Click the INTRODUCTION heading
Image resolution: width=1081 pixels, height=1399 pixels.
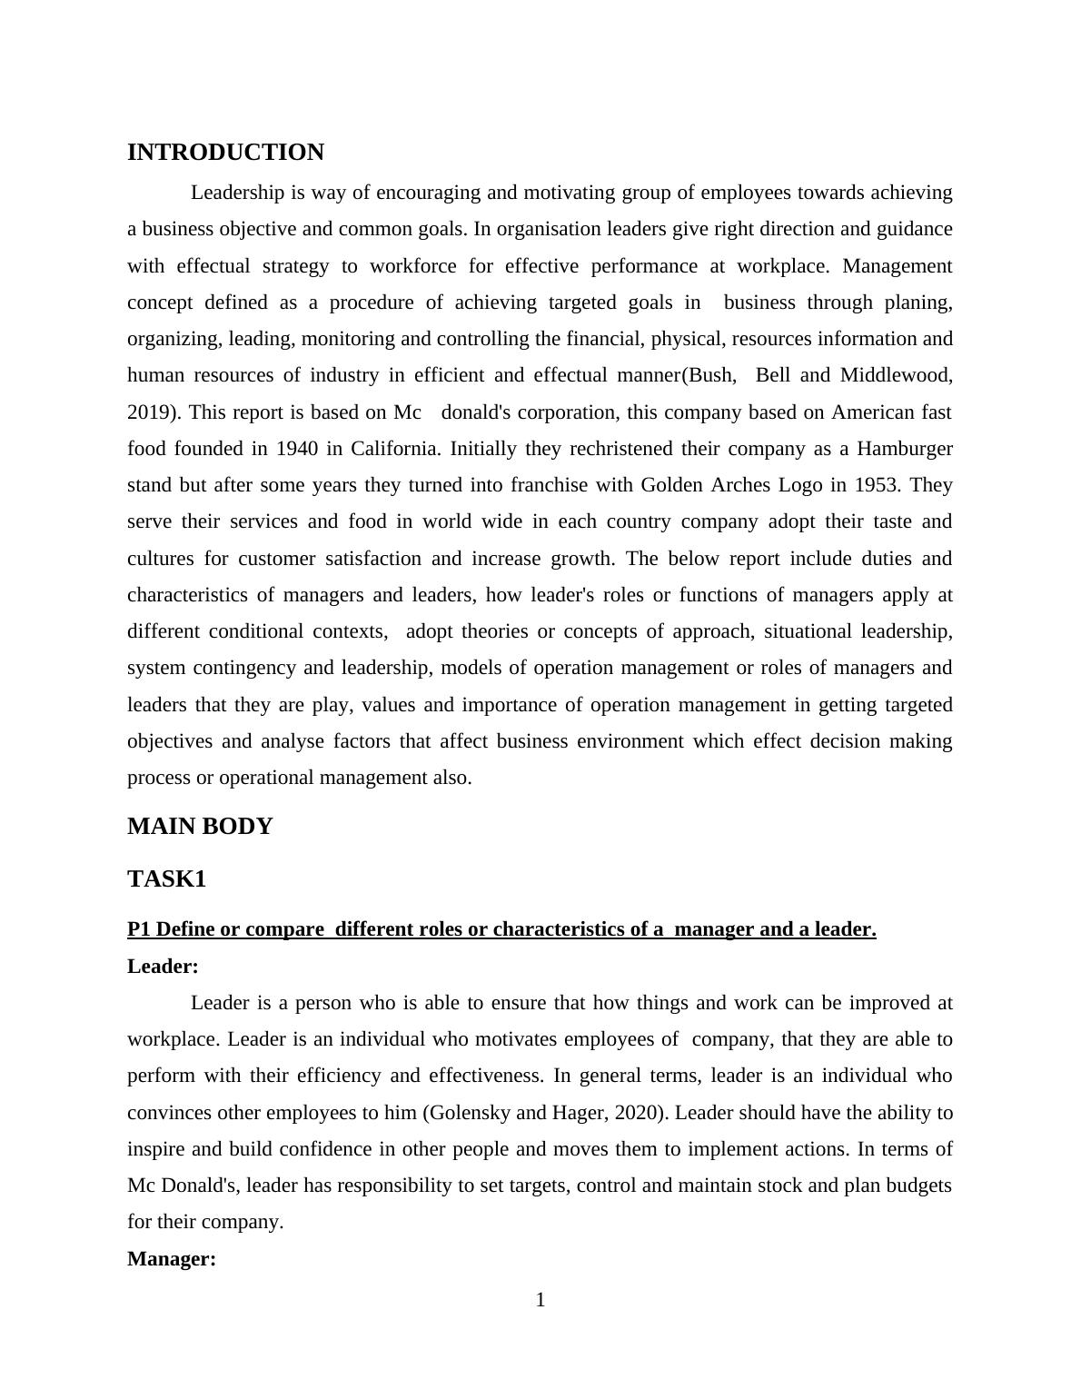point(225,153)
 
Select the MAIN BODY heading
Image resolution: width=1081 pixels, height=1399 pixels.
point(200,827)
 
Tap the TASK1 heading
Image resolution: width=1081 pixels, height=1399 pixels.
point(167,879)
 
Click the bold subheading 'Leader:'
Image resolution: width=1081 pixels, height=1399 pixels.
point(163,967)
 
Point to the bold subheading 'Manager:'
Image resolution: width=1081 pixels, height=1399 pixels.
point(172,1259)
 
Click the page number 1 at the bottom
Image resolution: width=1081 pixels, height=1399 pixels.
point(540,1301)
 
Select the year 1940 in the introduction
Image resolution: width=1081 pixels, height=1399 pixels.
point(297,449)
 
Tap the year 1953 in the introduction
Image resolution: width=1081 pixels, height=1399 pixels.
point(878,485)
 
